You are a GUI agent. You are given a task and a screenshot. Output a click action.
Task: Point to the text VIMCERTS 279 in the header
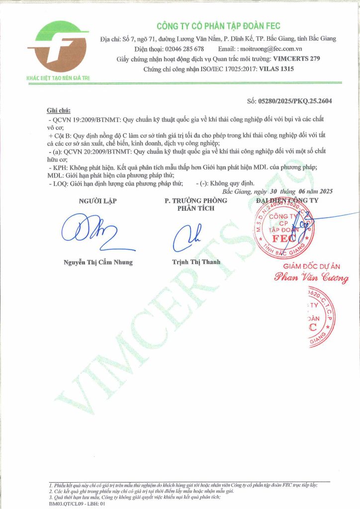click(297, 59)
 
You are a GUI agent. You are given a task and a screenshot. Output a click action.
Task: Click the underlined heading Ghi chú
click(59, 110)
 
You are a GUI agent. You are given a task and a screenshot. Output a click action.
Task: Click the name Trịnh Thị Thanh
click(196, 262)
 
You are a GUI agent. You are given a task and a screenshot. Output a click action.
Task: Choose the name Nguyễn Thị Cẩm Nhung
click(98, 262)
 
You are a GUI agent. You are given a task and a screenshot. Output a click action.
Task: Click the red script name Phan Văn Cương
click(311, 278)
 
